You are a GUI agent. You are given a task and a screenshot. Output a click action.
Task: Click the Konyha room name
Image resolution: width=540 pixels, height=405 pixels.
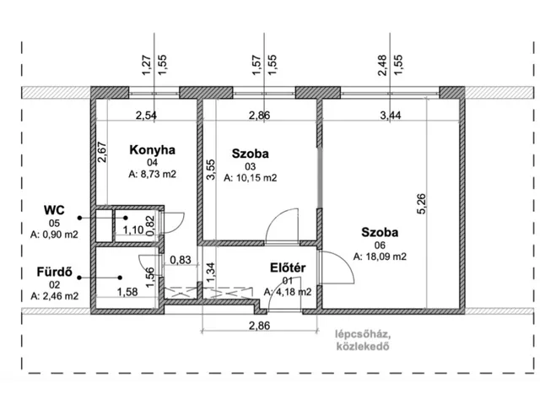152,150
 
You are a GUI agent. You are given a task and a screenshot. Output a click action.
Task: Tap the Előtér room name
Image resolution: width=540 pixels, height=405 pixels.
288,268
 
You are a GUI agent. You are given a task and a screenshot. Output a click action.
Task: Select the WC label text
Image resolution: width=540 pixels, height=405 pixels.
54,210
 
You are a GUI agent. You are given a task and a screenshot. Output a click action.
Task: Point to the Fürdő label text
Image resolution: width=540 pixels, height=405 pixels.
54,272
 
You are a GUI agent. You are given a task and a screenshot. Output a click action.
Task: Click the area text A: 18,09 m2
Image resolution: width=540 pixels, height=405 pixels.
380,256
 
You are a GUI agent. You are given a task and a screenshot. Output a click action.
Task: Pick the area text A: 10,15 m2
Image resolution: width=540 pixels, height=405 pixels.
251,178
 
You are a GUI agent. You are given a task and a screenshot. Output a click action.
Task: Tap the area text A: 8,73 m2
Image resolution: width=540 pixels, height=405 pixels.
152,175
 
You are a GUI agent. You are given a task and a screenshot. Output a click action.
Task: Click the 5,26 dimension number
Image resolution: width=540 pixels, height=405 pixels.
422,204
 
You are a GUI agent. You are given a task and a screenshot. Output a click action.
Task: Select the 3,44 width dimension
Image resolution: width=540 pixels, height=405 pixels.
391,115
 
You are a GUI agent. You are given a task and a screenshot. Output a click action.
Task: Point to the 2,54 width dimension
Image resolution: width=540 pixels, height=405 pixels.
146,115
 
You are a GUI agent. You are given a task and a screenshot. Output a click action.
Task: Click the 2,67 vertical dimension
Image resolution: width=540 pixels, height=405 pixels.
102,153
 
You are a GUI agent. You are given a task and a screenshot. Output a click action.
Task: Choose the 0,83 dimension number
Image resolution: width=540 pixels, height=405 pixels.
181,260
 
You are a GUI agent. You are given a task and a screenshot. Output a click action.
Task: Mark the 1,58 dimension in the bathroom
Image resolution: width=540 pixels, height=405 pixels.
127,292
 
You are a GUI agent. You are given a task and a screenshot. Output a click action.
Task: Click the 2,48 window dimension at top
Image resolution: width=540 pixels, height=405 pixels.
382,65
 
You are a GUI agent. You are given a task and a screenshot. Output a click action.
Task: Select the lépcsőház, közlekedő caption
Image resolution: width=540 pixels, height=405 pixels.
363,340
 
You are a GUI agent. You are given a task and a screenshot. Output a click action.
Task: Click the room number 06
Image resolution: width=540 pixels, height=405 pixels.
380,246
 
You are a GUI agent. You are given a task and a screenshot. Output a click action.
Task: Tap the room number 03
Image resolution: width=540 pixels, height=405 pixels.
251,167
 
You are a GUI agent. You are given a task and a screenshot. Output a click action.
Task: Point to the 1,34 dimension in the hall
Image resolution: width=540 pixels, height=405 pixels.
210,272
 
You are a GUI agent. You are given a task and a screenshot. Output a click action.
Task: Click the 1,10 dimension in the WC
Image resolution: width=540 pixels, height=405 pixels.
133,229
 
